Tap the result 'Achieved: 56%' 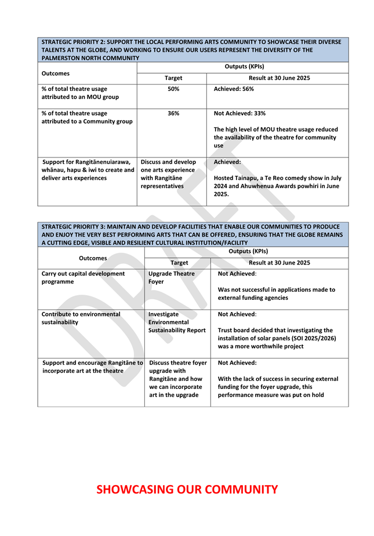pos(234,89)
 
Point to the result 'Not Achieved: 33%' pos(239,113)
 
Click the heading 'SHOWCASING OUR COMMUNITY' pos(187,490)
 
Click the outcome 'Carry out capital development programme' pos(83,277)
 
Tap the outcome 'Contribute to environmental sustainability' pos(81,318)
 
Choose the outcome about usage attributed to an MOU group pos(80,93)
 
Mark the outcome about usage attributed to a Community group pos(87,118)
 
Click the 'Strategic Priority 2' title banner pos(193,50)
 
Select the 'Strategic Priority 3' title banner pos(193,234)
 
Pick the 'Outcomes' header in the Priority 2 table pos(56,74)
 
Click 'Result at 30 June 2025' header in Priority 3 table pos(279,262)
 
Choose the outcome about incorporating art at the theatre pos(92,366)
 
